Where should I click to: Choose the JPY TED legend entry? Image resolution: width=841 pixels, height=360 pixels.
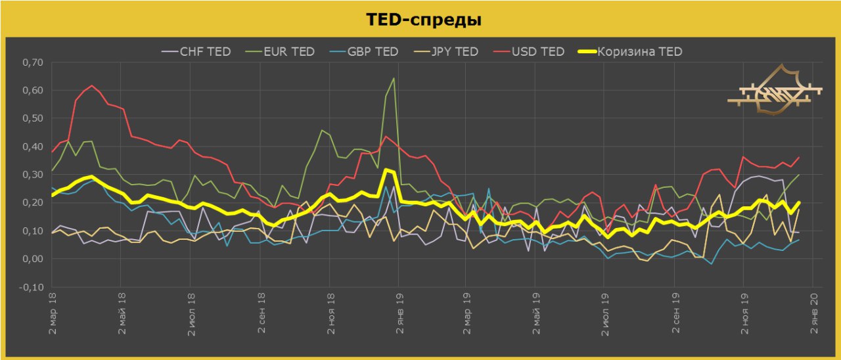[x=453, y=51]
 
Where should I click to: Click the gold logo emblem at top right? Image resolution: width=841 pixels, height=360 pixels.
[x=775, y=91]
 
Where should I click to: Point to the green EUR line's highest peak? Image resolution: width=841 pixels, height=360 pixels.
[x=394, y=78]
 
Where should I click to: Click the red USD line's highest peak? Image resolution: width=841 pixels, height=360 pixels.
[x=91, y=85]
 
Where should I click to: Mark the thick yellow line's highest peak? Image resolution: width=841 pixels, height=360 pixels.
[x=387, y=169]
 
